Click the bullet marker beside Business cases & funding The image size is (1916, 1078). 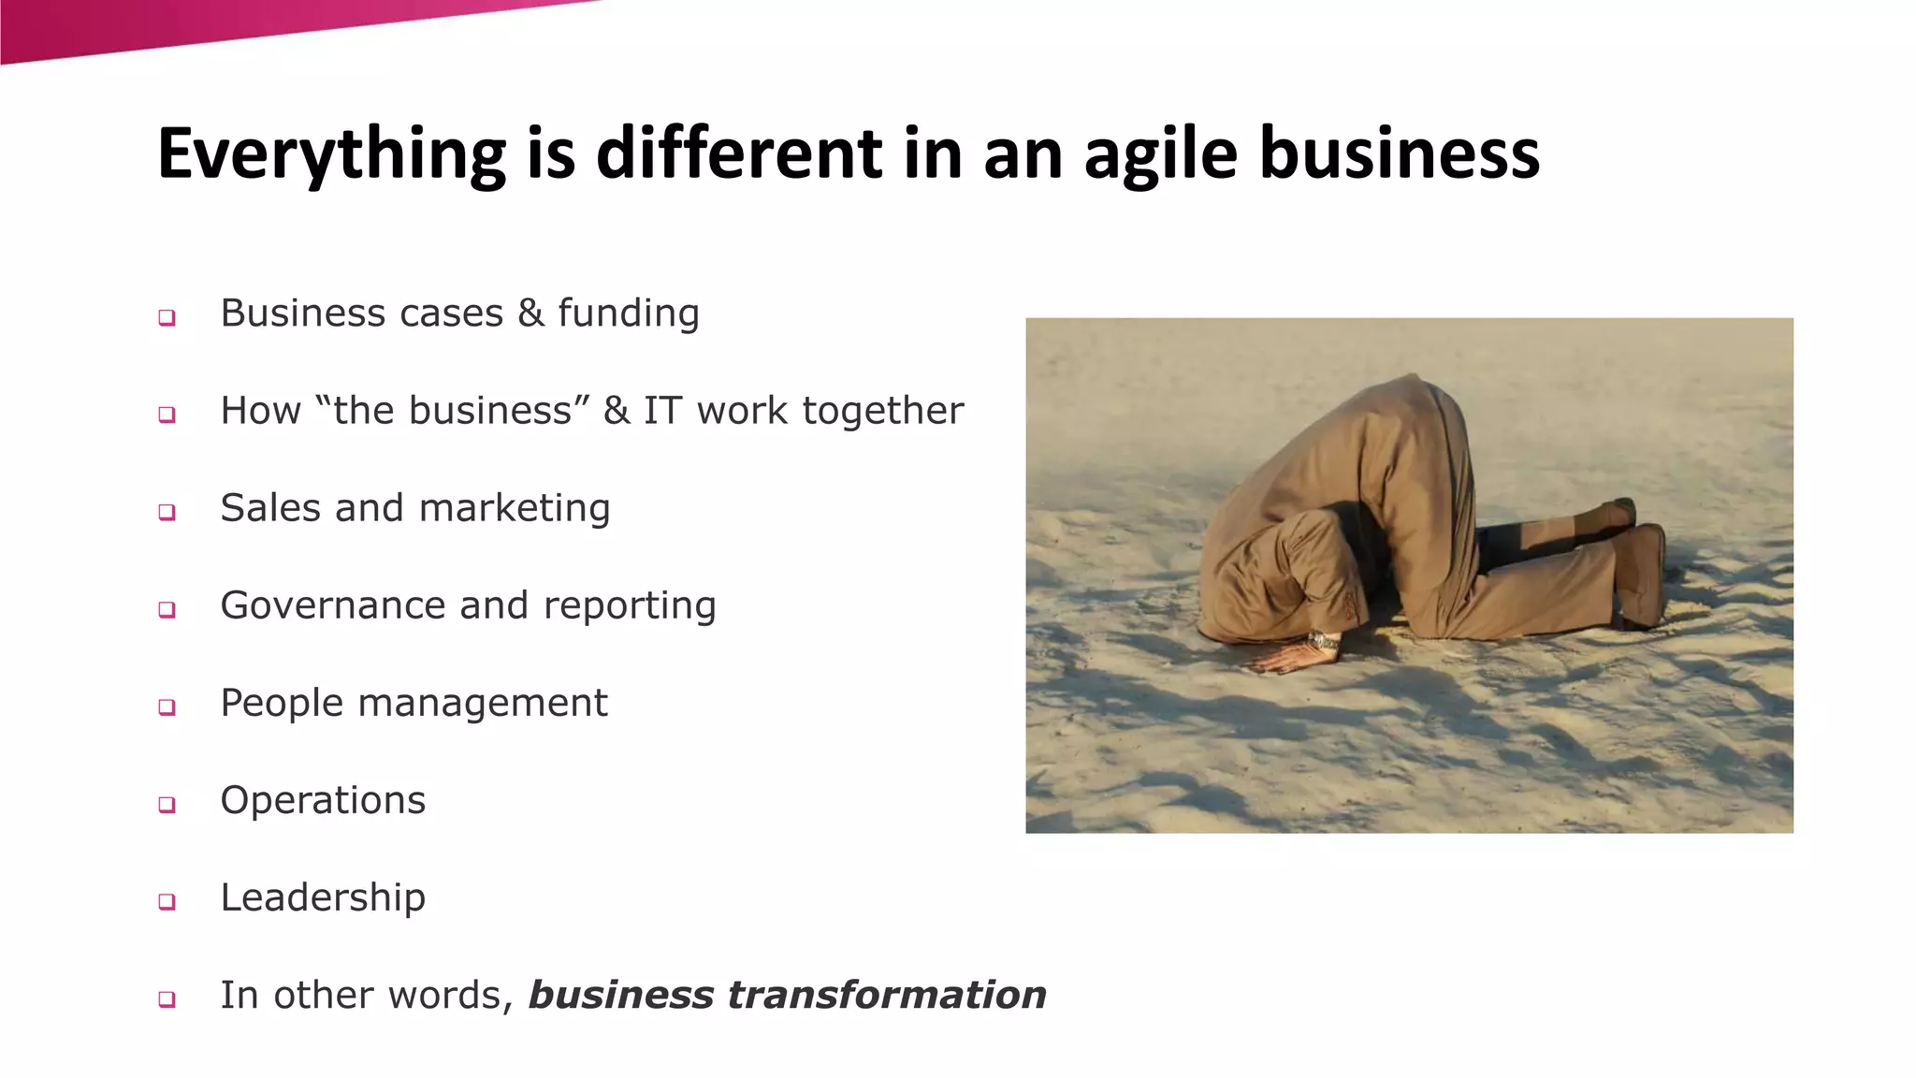pos(167,317)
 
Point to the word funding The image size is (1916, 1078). pos(629,313)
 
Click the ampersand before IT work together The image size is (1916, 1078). pos(616,411)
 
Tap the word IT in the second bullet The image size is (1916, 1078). pos(662,411)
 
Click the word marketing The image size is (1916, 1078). pos(515,508)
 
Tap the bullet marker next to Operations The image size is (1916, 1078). pos(167,804)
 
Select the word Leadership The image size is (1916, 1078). pos(323,897)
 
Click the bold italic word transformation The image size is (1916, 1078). pos(887,995)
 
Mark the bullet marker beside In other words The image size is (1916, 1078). pos(167,998)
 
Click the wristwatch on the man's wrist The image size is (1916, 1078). pos(1324,642)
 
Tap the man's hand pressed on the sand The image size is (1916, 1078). pos(1286,657)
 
